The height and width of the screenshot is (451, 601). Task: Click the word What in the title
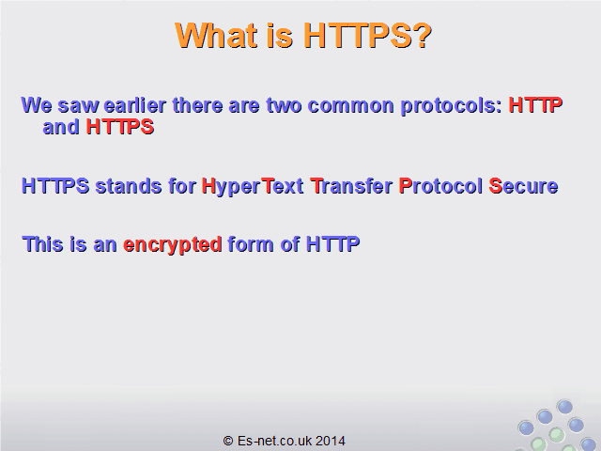tap(216, 36)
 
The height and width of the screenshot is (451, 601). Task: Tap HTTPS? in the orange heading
tap(367, 36)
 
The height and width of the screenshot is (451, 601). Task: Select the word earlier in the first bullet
tap(135, 105)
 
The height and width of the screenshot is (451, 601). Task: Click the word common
tap(350, 105)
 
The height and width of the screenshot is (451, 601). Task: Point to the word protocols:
tap(451, 106)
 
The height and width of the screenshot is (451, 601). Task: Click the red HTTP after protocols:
tap(535, 105)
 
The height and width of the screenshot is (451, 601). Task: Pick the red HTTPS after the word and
tap(120, 127)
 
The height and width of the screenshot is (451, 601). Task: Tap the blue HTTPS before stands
tap(55, 186)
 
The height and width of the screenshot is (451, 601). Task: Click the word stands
tap(129, 186)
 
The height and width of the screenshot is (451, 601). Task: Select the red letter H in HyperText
tap(208, 186)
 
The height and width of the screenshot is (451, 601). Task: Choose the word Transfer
tap(351, 186)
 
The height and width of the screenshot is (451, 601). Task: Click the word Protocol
tap(440, 186)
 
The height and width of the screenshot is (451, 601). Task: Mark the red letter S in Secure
tap(495, 186)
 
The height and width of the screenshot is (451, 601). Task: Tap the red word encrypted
tap(173, 244)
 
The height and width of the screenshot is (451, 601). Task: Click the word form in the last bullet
tap(251, 244)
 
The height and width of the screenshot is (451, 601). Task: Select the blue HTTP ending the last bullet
tap(332, 244)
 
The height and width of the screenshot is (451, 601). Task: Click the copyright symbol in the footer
tap(228, 441)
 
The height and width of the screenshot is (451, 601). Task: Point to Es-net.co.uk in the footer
tap(274, 441)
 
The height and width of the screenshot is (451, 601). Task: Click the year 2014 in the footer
tap(331, 441)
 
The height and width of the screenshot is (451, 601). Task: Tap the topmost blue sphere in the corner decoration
tap(564, 407)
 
